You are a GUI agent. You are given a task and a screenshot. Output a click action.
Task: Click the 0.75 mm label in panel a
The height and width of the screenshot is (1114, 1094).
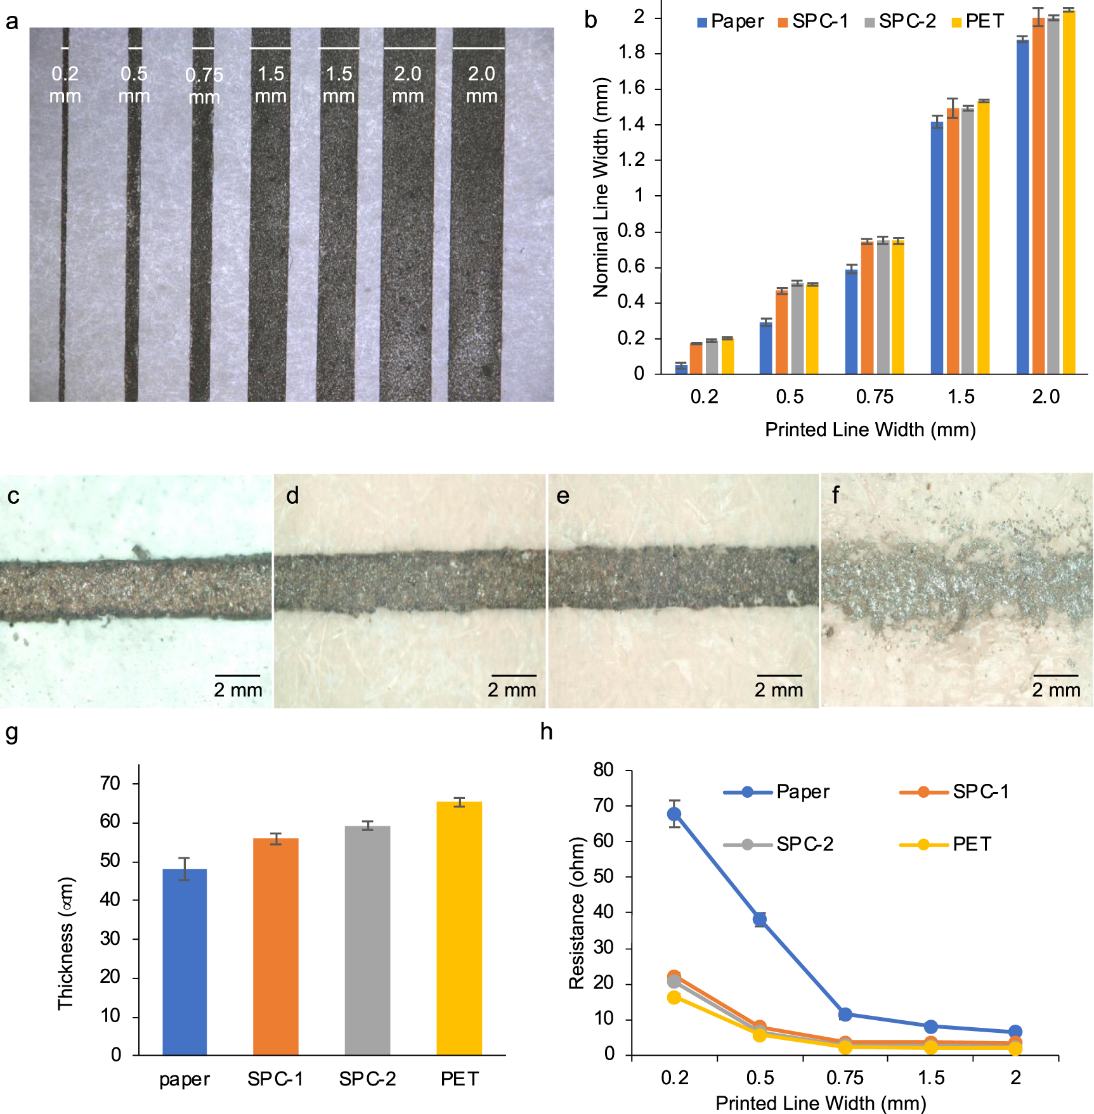pos(204,86)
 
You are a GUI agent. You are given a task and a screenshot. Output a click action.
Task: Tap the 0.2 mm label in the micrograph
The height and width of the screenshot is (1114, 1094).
pos(65,84)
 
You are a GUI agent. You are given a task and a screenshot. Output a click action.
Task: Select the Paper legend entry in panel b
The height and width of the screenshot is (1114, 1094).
pos(730,22)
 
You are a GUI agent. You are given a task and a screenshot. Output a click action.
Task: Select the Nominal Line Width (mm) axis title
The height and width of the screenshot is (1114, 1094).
pos(600,187)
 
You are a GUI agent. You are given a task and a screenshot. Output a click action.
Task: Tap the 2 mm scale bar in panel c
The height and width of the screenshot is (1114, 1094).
pos(237,675)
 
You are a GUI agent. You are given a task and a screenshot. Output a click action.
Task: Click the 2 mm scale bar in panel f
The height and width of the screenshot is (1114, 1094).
pos(1055,675)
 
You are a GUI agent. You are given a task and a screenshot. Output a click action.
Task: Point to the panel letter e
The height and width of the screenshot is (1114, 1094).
pos(563,496)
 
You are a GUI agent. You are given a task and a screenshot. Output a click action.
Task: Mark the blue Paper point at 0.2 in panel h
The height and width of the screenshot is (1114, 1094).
pos(674,814)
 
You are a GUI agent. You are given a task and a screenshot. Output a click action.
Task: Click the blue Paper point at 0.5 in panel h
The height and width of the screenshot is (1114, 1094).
pos(760,919)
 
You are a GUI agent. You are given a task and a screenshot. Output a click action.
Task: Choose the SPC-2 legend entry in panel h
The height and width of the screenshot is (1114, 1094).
pos(779,844)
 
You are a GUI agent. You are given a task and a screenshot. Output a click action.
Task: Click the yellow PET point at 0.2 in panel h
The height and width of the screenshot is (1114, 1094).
pos(674,997)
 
